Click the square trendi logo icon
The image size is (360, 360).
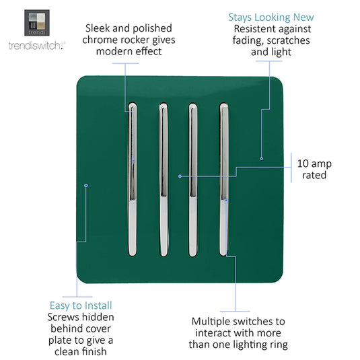coord(37,23)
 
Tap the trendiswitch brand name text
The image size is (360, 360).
coord(36,46)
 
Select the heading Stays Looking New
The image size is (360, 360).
coord(271,17)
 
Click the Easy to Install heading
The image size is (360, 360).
coord(81,305)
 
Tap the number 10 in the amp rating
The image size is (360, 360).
coord(303,164)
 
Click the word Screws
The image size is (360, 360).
coord(63,318)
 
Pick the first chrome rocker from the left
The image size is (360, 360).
coord(133,179)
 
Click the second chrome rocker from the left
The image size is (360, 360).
coord(164,179)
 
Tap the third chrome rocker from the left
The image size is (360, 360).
coord(193,179)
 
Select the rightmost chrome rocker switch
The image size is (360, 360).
coord(224,179)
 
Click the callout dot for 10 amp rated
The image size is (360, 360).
coord(180,176)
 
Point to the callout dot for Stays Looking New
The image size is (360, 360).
coord(261,158)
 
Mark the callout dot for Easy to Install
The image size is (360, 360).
coord(86,185)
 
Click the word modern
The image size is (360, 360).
coord(114,51)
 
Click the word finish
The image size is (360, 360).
coord(94,351)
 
